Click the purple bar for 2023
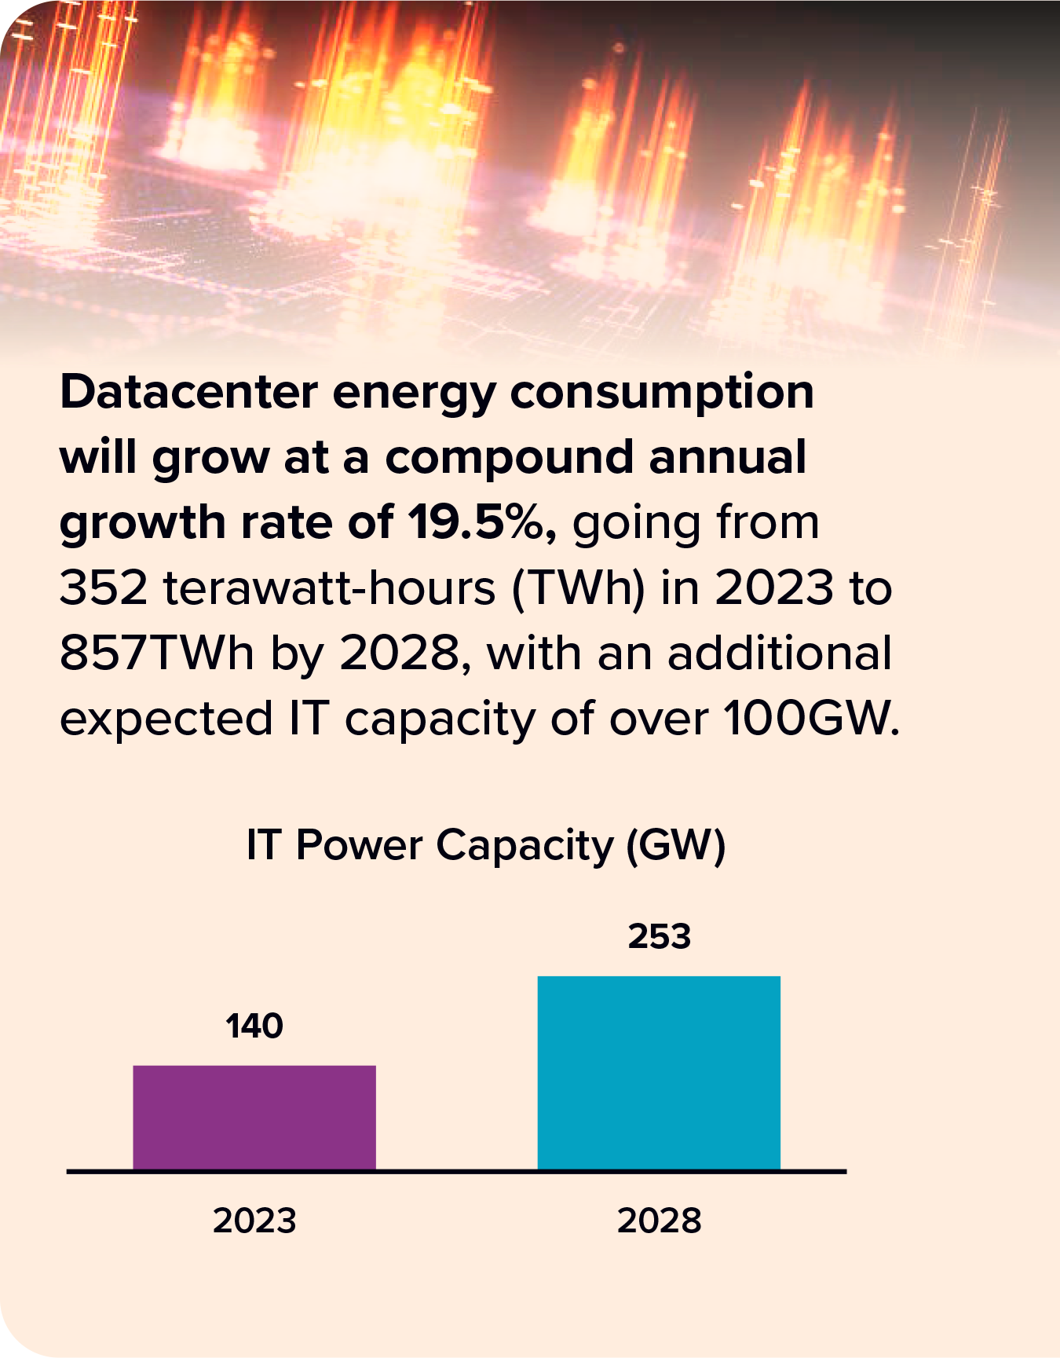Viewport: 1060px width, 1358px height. coord(254,1117)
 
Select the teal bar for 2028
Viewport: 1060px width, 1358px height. coord(659,1072)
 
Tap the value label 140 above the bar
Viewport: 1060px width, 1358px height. coord(254,1026)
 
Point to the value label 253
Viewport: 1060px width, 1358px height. coord(659,936)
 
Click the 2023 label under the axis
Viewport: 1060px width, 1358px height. coord(254,1221)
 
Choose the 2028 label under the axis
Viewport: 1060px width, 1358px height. coord(659,1221)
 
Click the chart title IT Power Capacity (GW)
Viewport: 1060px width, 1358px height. coord(486,846)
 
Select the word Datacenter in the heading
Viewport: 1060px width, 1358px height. coord(188,392)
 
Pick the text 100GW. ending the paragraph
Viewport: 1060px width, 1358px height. coord(811,718)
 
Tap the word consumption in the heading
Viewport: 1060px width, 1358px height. coord(662,392)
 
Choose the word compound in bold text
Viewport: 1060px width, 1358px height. coord(509,457)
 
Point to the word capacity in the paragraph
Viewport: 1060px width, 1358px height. coord(439,719)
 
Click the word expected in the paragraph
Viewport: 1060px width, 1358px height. coord(166,719)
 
